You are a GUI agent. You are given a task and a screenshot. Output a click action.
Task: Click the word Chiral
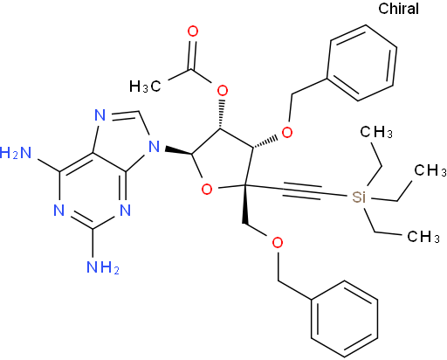pyautogui.click(x=398, y=9)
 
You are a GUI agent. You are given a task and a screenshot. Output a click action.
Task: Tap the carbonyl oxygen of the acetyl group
pyautogui.click(x=193, y=31)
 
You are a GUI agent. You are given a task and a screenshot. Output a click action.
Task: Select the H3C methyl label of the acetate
pyautogui.click(x=145, y=87)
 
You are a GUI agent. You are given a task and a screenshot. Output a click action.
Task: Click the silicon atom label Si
pyautogui.click(x=359, y=197)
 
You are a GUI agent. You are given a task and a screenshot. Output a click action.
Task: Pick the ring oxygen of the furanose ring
pyautogui.click(x=207, y=190)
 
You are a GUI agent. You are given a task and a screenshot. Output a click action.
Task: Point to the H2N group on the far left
pyautogui.click(x=16, y=152)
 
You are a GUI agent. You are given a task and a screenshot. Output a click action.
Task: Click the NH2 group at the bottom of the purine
pyautogui.click(x=103, y=267)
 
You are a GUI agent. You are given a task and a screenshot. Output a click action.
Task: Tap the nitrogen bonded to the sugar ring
pyautogui.click(x=155, y=146)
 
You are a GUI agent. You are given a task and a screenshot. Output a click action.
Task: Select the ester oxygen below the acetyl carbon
pyautogui.click(x=223, y=91)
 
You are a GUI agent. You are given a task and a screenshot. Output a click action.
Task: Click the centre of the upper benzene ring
pyautogui.click(x=361, y=63)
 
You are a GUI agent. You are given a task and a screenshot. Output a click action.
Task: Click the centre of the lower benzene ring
pyautogui.click(x=345, y=319)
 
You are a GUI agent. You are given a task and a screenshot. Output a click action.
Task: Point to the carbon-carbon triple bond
pyautogui.click(x=301, y=190)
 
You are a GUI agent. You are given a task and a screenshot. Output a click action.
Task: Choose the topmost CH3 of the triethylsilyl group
pyautogui.click(x=376, y=132)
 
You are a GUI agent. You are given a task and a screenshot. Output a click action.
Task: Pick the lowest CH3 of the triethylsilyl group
pyautogui.click(x=423, y=236)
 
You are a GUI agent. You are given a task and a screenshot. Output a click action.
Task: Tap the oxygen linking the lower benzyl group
pyautogui.click(x=278, y=243)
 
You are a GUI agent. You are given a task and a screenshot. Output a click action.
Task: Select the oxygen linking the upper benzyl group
pyautogui.click(x=287, y=133)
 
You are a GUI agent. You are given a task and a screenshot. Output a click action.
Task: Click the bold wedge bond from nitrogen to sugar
pyautogui.click(x=178, y=151)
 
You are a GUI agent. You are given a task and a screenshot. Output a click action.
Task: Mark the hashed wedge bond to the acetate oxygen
pyautogui.click(x=222, y=114)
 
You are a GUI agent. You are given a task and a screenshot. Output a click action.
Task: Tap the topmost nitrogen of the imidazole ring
pyautogui.click(x=100, y=115)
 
